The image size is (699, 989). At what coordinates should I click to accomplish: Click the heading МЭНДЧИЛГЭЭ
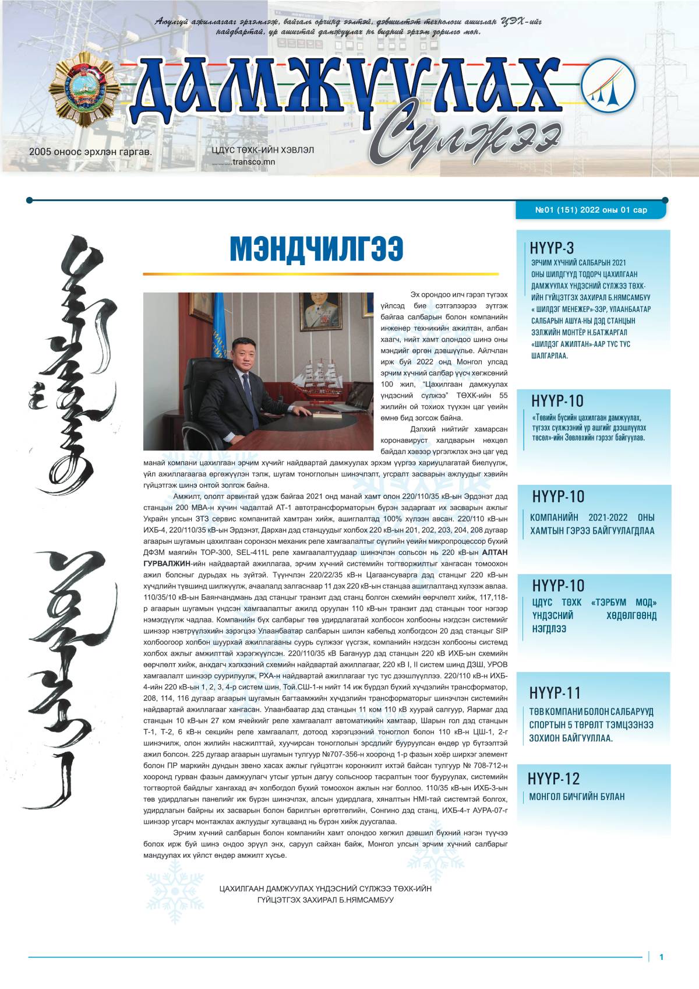(316, 250)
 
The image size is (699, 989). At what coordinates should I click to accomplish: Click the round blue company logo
(608, 87)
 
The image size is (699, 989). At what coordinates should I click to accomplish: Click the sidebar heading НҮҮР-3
(552, 248)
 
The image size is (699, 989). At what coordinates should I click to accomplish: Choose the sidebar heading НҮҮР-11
(555, 692)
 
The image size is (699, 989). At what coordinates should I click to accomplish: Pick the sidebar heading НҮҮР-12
(554, 779)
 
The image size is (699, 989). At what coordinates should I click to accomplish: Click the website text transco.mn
(253, 162)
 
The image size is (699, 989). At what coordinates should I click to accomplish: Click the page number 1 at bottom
(661, 956)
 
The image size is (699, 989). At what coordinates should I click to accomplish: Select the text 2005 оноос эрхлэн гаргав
(90, 152)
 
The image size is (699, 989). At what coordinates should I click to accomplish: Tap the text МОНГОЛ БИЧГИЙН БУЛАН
(576, 797)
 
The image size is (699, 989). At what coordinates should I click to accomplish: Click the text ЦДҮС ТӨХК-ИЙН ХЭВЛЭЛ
(263, 150)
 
